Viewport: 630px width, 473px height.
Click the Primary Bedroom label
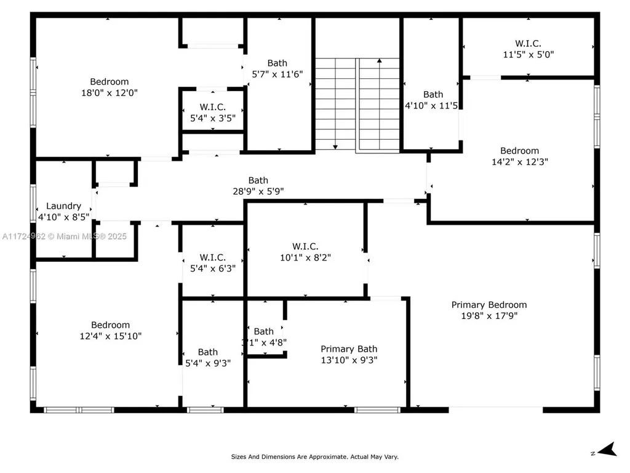489,305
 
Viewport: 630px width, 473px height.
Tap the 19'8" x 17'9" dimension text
489,316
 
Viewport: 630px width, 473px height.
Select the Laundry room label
63,206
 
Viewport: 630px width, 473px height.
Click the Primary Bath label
349,349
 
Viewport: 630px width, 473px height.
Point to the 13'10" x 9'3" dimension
349,360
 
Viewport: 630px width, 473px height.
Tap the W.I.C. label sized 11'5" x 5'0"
528,43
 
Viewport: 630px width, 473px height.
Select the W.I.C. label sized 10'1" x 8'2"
305,247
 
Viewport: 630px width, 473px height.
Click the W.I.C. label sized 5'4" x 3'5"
212,106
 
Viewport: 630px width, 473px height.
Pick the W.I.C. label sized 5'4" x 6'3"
212,257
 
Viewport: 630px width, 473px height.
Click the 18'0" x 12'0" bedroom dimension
110,92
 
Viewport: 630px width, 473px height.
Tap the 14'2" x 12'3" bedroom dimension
519,161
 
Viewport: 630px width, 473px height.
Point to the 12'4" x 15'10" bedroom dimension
111,336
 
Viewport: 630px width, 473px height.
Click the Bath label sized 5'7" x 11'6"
277,63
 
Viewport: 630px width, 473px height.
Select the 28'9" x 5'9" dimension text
258,191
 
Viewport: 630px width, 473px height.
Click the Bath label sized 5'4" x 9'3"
208,352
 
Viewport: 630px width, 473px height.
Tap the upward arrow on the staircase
379,62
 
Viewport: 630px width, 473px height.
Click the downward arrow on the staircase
335,145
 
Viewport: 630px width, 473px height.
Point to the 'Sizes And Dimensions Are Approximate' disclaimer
314,457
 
